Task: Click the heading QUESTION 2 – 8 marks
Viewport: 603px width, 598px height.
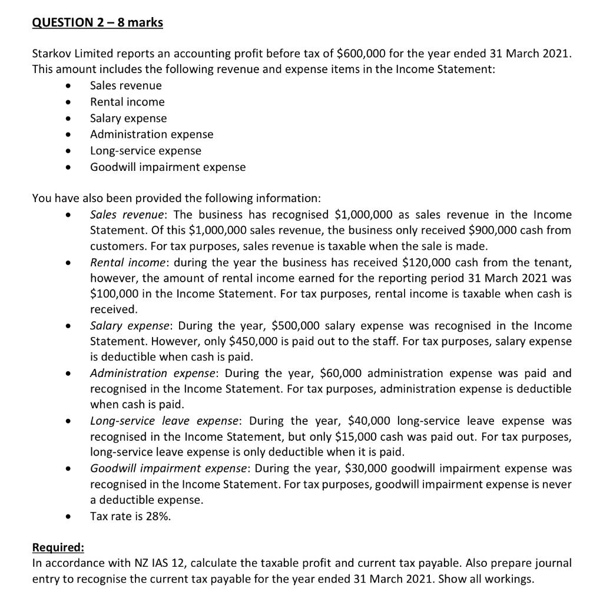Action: click(97, 23)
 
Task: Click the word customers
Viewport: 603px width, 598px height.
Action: click(115, 246)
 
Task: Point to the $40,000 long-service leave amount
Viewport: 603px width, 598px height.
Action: click(372, 421)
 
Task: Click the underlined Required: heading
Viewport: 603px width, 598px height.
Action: click(58, 547)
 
